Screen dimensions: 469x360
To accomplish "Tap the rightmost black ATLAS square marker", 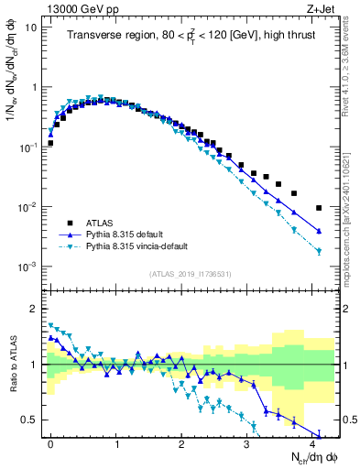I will [x=319, y=208].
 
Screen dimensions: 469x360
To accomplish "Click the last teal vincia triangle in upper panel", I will [x=319, y=251].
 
